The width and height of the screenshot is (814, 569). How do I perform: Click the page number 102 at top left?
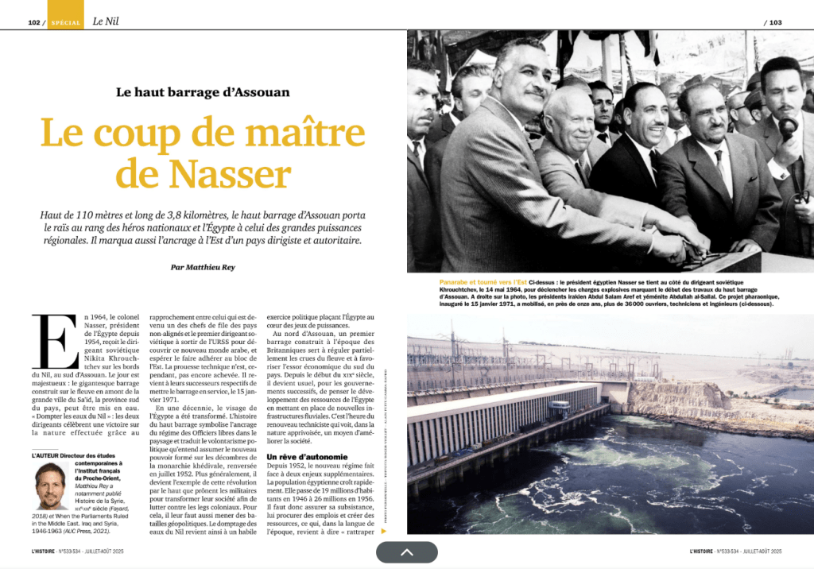[34, 22]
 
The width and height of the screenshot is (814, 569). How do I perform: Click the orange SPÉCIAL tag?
[65, 22]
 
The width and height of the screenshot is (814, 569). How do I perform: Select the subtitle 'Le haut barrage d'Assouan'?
[203, 92]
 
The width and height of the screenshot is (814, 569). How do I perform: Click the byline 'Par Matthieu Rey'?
[203, 267]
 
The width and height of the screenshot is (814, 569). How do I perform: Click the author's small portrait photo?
[51, 486]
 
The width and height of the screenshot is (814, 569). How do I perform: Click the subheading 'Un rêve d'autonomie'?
[306, 457]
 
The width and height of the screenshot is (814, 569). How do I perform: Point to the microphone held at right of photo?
[787, 127]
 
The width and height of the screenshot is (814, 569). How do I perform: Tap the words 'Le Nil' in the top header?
[107, 21]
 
